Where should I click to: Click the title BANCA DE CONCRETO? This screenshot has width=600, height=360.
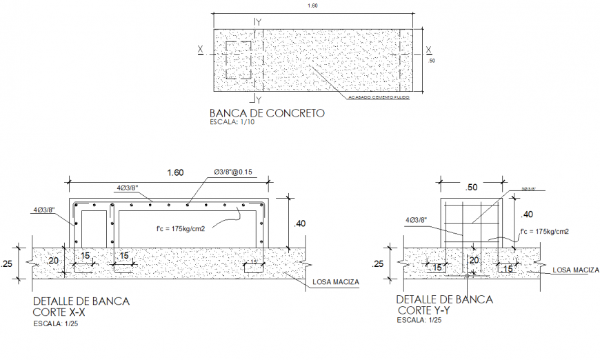[x=266, y=113]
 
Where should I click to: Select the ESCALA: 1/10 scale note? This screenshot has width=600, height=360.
[x=231, y=122]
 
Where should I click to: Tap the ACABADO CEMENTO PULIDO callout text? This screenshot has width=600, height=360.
[x=379, y=98]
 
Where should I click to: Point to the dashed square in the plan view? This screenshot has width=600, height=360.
[x=239, y=61]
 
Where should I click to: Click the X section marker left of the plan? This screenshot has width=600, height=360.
[x=200, y=50]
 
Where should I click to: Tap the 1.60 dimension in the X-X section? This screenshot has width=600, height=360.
[x=175, y=173]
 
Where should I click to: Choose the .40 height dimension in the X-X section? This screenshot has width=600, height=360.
[x=300, y=223]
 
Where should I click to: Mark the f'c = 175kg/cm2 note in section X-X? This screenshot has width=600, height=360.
[x=181, y=228]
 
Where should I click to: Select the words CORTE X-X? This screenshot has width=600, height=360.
[x=62, y=312]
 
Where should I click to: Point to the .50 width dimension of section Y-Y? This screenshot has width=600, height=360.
[x=473, y=187]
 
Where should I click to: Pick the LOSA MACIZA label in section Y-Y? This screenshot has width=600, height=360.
[x=574, y=270]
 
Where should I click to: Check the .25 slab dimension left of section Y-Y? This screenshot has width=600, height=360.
[x=378, y=263]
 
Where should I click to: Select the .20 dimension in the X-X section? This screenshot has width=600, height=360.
[x=53, y=261]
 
